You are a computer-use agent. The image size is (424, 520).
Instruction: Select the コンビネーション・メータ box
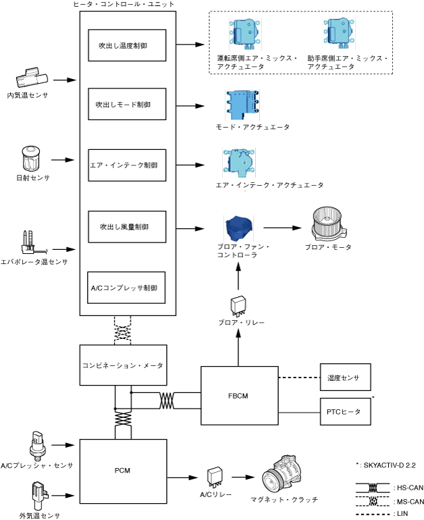coord(123,365)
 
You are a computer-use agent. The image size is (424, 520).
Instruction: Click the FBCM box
coord(239,396)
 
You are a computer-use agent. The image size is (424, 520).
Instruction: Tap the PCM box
coord(123,471)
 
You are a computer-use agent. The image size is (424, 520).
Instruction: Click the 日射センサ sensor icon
coord(29,159)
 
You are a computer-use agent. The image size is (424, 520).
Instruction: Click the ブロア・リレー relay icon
coord(238,305)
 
